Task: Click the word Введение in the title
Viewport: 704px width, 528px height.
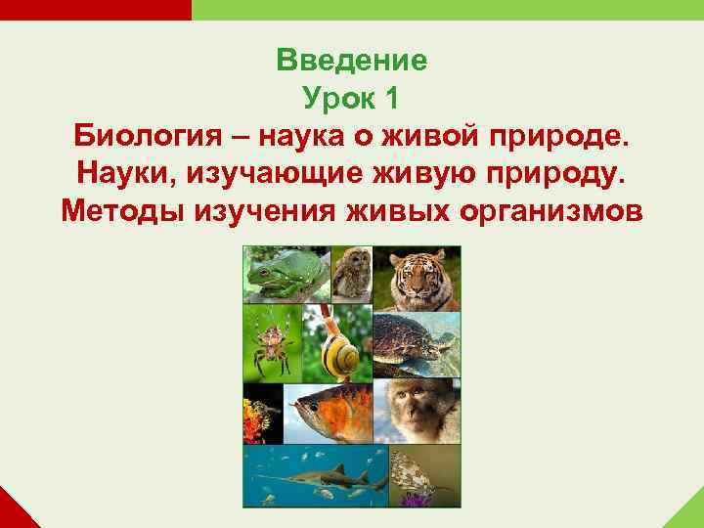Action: [351, 61]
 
